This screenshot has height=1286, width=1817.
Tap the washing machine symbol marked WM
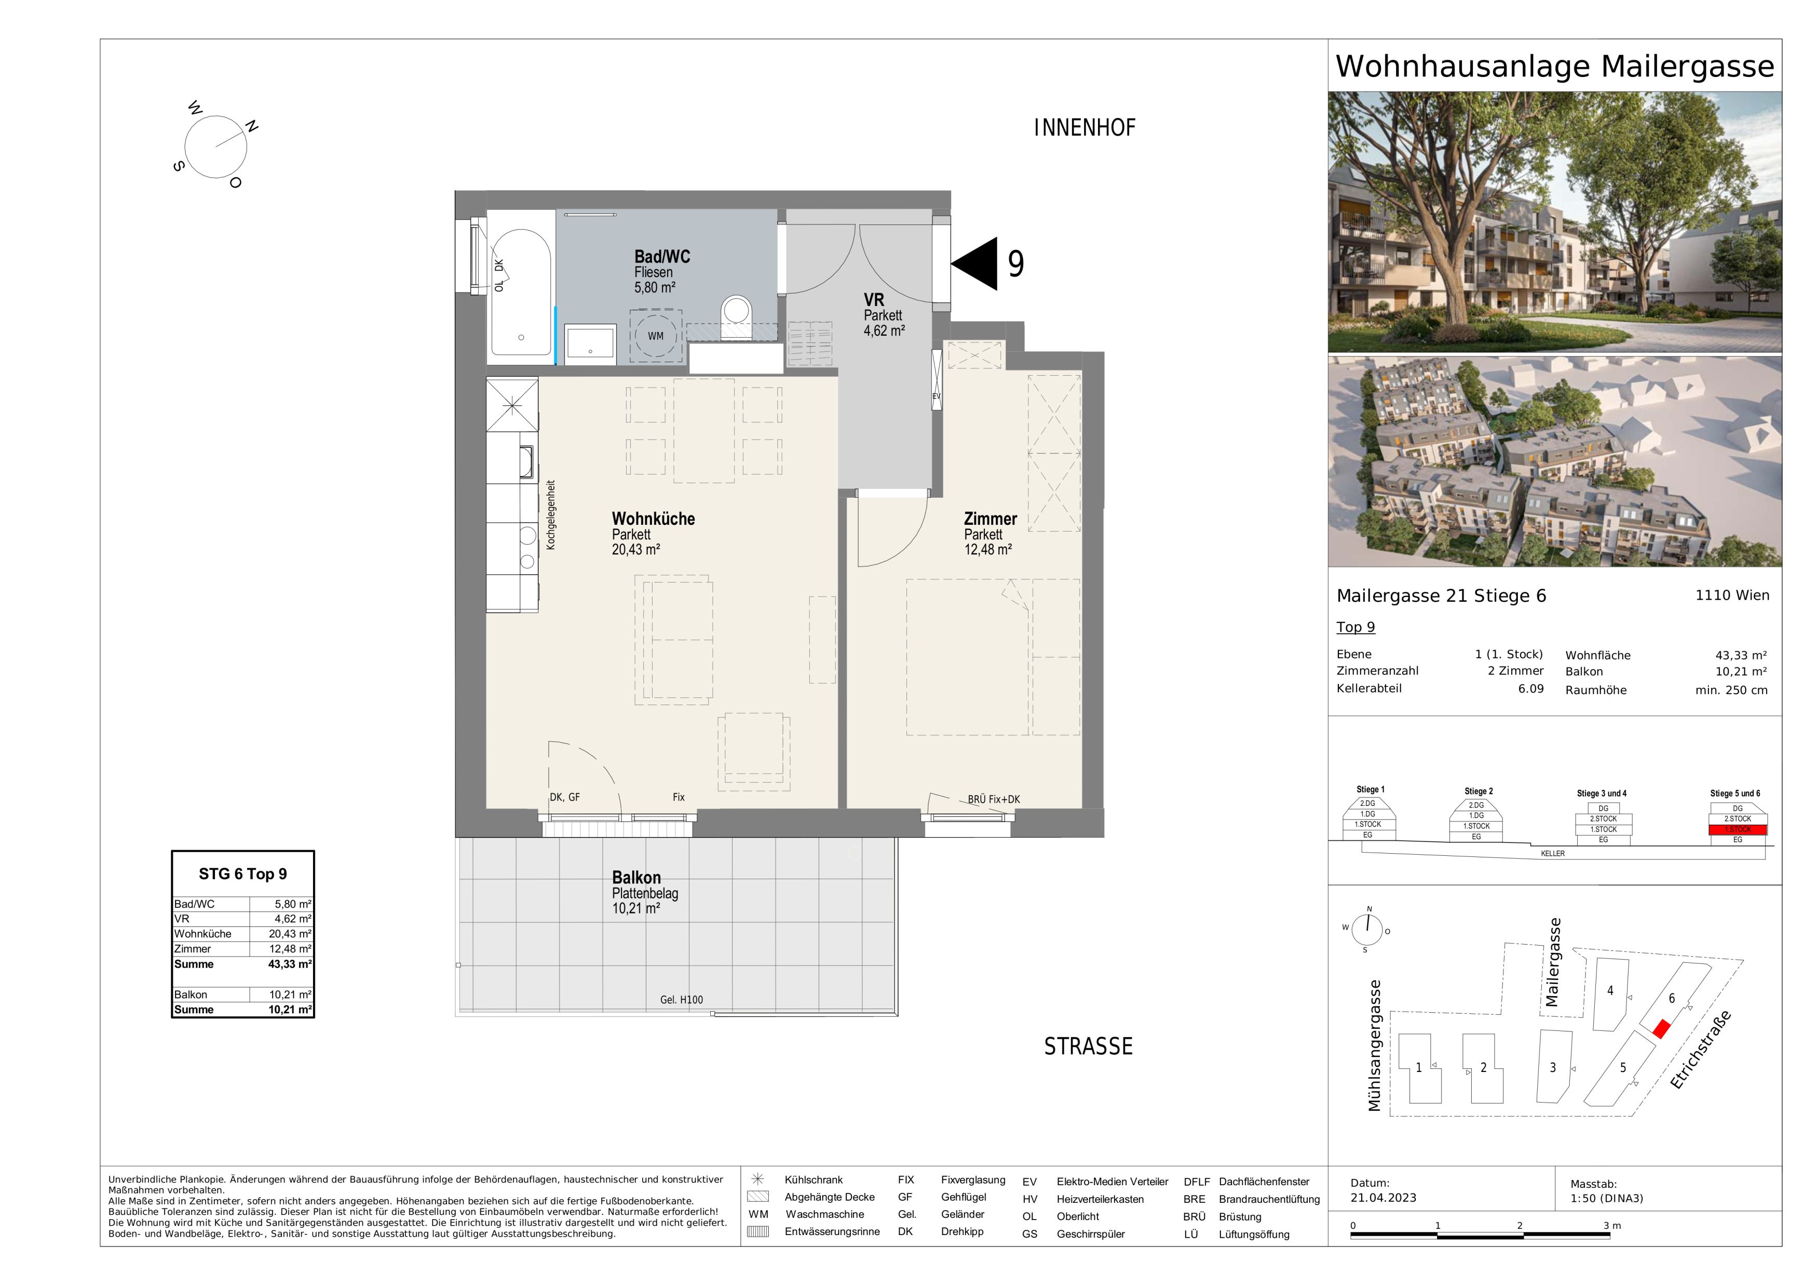point(655,336)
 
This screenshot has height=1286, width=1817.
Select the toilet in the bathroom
point(737,313)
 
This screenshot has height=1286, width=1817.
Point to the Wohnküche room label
point(653,519)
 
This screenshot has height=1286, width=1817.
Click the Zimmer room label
point(990,519)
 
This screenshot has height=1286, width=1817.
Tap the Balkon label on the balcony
point(636,878)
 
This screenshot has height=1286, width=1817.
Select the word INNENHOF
point(1084,127)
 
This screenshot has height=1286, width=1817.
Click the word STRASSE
point(1088,1046)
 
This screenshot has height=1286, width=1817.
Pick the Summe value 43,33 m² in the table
point(290,964)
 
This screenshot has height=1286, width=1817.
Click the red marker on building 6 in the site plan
point(1661,1029)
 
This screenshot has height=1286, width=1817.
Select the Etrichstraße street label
point(1700,1050)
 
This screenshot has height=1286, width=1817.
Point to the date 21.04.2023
point(1384,1198)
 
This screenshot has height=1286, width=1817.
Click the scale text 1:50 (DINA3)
point(1607,1198)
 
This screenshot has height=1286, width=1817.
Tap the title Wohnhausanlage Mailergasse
point(1555,67)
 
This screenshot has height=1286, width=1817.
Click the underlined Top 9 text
point(1355,627)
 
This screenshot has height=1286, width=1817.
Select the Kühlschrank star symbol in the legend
point(757,1179)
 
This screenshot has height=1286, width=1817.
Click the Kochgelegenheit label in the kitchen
point(551,515)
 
